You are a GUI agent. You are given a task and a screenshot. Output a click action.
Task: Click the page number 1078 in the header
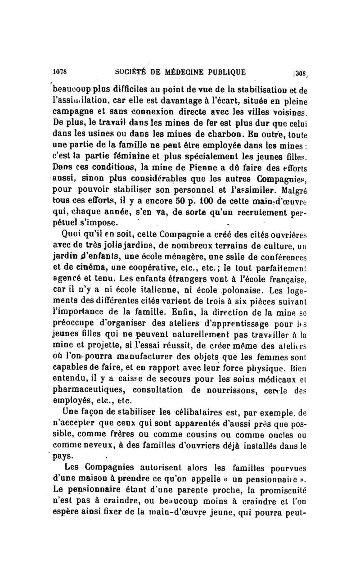[60, 71]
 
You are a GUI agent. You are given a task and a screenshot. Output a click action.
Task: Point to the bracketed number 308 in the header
[300, 72]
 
